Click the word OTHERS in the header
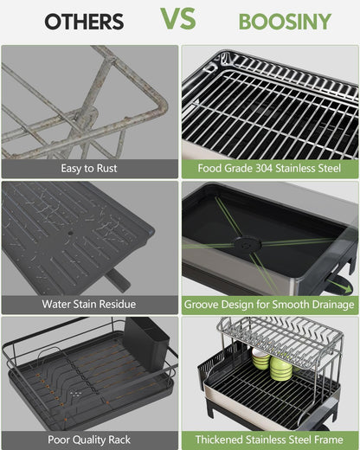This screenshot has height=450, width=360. tap(84, 22)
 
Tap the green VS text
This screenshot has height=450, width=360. tap(177, 18)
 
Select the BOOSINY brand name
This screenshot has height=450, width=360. tap(273, 22)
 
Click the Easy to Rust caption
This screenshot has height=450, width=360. tap(89, 169)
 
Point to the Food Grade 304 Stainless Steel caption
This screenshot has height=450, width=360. tap(269, 169)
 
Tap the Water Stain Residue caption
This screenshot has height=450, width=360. tap(89, 304)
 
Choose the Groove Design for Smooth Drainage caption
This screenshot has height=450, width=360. tap(269, 305)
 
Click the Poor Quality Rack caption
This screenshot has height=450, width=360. tap(89, 440)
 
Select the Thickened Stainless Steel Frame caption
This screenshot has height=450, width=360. tap(269, 440)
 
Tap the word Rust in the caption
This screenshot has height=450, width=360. tap(104, 169)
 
